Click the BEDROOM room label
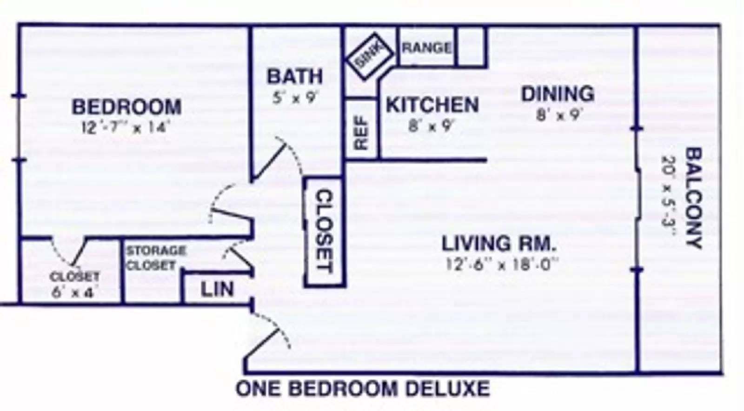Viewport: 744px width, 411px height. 127,107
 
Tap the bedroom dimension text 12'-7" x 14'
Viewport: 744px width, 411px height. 126,127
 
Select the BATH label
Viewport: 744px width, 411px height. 295,76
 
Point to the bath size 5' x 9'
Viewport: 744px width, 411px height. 295,98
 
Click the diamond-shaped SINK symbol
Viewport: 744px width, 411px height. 369,57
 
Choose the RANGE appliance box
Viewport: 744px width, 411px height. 426,47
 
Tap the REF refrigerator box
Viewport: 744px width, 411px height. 361,129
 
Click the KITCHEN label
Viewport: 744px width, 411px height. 432,105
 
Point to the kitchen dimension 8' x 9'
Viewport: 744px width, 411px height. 431,126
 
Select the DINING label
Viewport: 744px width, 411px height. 558,93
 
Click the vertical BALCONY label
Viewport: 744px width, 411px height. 694,198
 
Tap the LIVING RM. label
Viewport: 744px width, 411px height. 498,243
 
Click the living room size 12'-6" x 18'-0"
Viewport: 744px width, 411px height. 501,265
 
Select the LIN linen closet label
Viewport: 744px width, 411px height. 217,289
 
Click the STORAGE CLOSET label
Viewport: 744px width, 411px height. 156,258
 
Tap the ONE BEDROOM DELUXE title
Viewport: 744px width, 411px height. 363,389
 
